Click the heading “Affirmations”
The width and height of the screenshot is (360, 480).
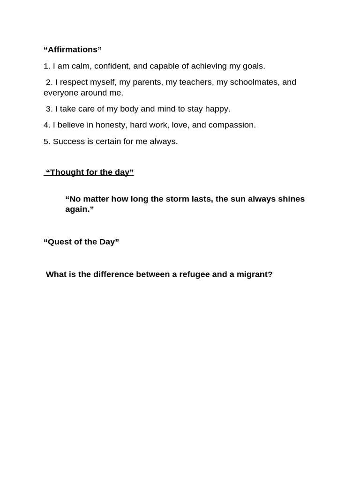click(x=72, y=50)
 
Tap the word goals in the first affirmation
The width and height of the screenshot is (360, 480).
click(x=253, y=66)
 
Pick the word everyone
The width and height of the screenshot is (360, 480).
click(x=61, y=93)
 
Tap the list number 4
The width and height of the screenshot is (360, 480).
click(x=46, y=125)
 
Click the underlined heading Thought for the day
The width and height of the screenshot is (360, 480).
click(x=90, y=172)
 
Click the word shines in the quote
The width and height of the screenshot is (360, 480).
click(x=291, y=199)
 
